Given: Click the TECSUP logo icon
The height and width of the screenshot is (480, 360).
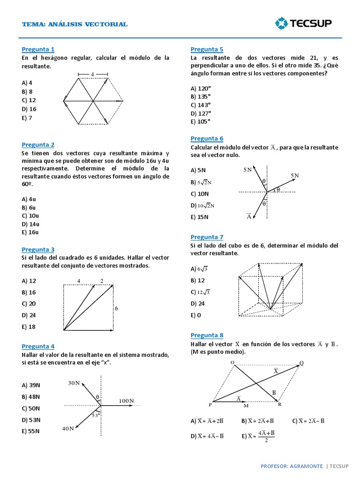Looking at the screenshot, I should (x=282, y=23).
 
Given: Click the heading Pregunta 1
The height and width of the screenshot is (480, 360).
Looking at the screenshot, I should (x=38, y=49).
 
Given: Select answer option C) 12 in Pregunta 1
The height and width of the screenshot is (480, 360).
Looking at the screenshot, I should (x=29, y=100).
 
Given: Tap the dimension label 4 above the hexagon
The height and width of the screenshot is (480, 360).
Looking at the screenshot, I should (x=92, y=74).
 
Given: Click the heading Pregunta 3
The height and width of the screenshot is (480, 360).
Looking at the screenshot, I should (x=38, y=249).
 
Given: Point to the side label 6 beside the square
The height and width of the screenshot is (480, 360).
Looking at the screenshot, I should (x=116, y=308).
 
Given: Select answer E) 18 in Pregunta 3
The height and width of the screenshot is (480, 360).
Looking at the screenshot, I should (x=29, y=327).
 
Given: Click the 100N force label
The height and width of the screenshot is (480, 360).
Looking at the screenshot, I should (x=126, y=401).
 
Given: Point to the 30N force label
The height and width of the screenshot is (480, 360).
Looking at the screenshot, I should (x=74, y=383).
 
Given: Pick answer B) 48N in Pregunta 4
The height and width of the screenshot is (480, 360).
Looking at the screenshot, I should (x=31, y=397).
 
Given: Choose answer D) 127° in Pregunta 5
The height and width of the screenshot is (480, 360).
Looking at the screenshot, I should (x=201, y=113).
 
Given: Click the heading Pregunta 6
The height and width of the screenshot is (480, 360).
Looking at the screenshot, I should (x=207, y=138).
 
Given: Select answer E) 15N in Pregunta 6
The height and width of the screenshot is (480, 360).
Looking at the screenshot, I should (x=200, y=217).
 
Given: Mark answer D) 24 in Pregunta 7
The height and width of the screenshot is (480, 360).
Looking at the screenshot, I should (x=198, y=303).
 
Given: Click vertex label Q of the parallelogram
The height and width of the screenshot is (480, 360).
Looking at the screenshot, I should (x=301, y=362).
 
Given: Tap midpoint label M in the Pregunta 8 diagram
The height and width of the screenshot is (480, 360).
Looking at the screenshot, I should (x=246, y=406).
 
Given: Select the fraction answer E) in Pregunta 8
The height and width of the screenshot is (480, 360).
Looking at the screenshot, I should (x=258, y=435).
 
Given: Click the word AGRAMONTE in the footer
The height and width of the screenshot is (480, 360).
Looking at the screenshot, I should (x=305, y=466).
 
